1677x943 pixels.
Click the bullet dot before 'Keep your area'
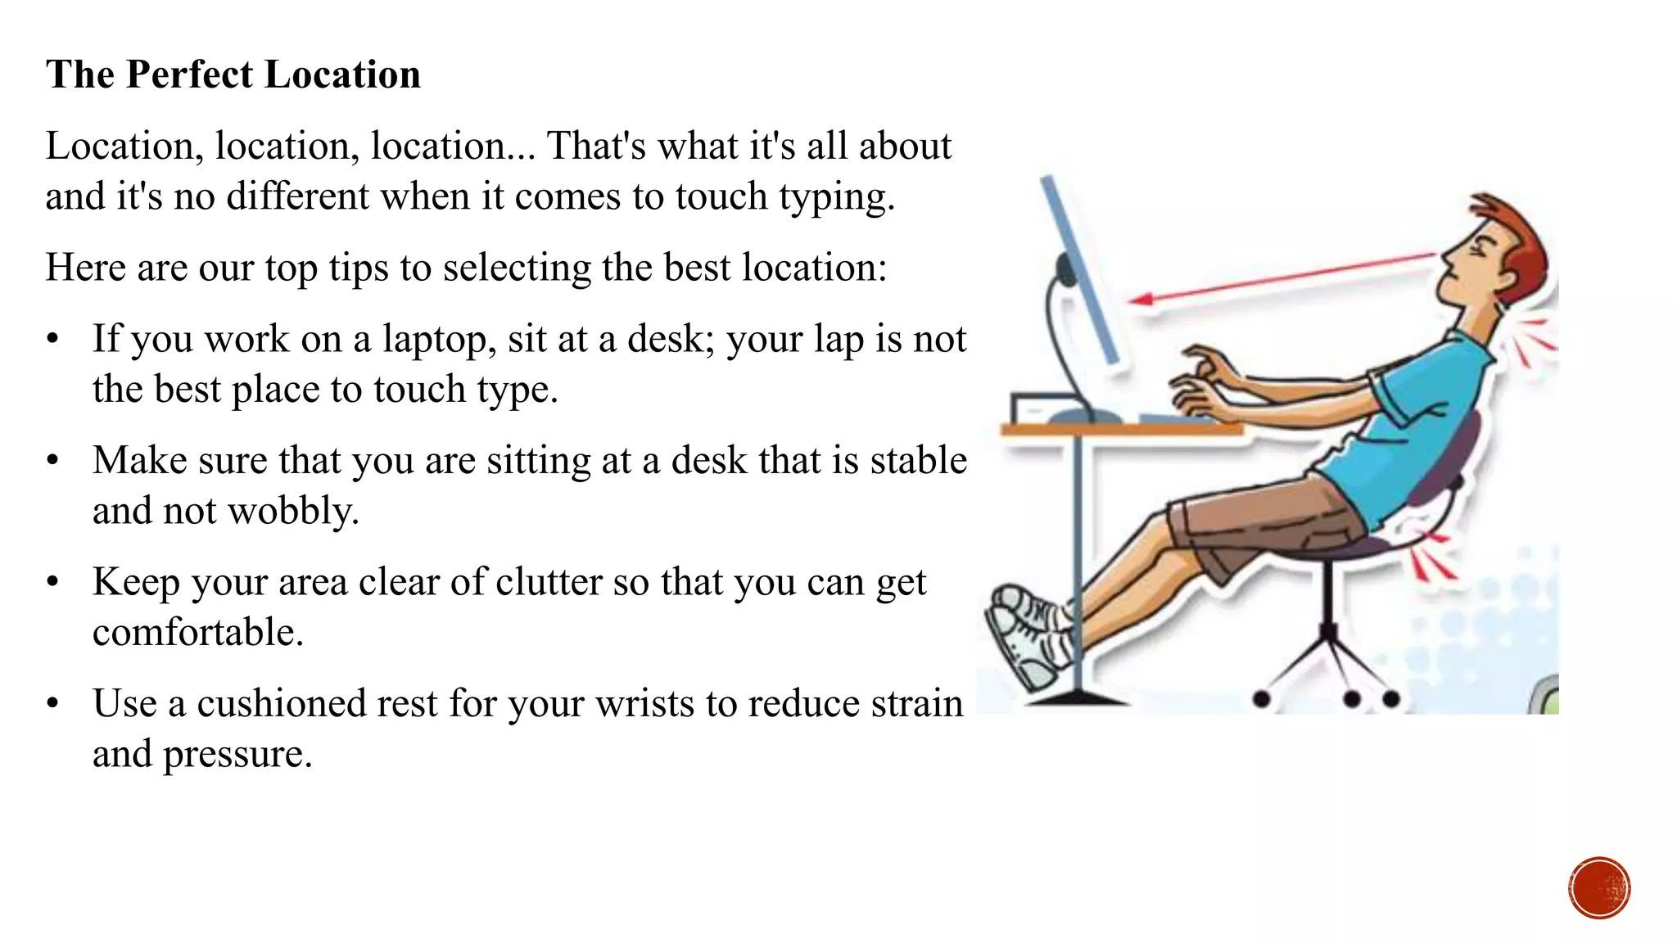[53, 582]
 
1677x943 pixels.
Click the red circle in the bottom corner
[1599, 887]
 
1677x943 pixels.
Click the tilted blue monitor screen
[1079, 270]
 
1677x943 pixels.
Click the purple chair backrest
[1449, 467]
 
